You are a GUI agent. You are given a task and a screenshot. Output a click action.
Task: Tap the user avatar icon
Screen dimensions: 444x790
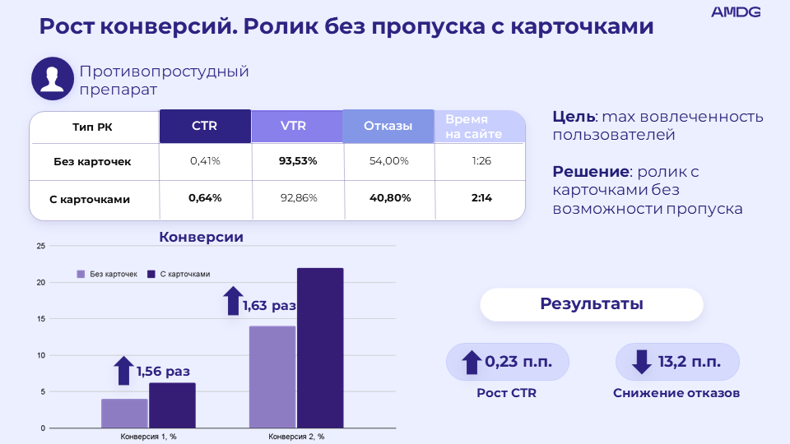coord(53,79)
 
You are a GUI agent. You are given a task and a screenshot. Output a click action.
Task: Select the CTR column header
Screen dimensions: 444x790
coord(205,127)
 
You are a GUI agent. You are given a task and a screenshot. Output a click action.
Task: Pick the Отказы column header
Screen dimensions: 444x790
coord(388,127)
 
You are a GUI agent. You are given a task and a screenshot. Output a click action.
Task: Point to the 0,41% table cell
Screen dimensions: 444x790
coord(205,161)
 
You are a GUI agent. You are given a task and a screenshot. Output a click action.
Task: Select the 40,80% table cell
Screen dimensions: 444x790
coord(389,198)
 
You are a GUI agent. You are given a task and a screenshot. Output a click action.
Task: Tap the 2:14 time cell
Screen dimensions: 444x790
coord(481,198)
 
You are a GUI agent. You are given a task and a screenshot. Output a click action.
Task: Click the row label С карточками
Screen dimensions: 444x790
coord(95,199)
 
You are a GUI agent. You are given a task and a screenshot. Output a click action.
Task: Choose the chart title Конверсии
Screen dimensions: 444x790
coord(201,237)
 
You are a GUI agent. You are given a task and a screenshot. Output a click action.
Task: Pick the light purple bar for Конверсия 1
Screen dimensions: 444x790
coord(124,413)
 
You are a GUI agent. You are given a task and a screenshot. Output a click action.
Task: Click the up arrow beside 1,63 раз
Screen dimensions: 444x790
coord(233,301)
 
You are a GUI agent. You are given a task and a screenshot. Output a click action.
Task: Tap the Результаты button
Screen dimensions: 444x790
coord(591,304)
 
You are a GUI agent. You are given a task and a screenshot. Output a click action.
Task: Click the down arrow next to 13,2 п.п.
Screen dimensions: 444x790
coord(640,362)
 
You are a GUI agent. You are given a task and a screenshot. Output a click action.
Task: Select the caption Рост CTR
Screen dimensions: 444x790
coord(506,393)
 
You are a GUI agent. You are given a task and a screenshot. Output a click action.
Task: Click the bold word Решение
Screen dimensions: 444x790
coord(591,172)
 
